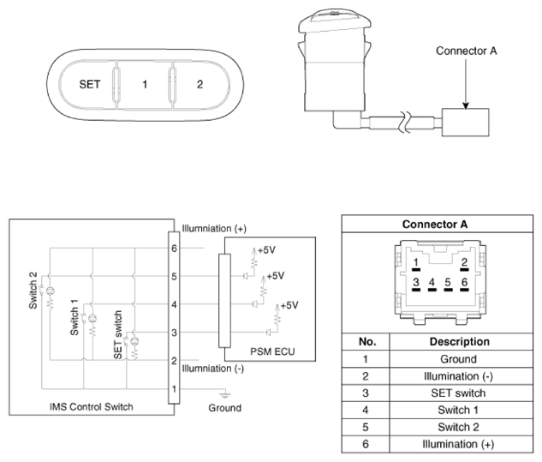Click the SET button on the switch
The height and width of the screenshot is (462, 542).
[x=89, y=85]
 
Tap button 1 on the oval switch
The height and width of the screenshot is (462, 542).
[x=145, y=85]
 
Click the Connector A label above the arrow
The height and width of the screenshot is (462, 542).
[x=467, y=51]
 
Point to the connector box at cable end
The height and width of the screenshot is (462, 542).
[x=465, y=123]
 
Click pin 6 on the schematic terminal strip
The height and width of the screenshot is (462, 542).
[x=174, y=248]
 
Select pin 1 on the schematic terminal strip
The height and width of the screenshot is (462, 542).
[x=174, y=389]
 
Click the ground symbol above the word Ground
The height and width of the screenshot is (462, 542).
[x=224, y=395]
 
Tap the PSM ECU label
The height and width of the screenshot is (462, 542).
[x=272, y=351]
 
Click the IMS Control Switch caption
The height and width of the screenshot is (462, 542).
[x=92, y=406]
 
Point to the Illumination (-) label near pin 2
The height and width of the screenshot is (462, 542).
[x=213, y=369]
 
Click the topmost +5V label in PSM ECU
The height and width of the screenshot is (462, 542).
[x=266, y=250]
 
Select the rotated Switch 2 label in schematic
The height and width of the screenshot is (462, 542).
[x=33, y=291]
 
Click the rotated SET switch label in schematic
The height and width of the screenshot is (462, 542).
[x=118, y=334]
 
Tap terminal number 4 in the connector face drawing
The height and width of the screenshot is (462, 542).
[x=432, y=282]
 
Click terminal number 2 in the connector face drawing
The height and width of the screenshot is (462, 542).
[x=464, y=262]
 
